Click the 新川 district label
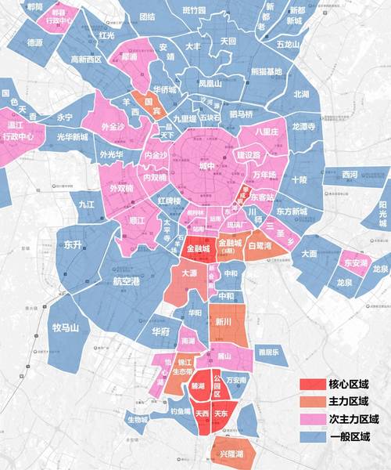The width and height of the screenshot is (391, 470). [224, 322]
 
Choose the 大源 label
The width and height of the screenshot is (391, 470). [188, 274]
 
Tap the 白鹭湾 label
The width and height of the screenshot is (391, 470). [258, 245]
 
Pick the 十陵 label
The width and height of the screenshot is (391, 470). [298, 179]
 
